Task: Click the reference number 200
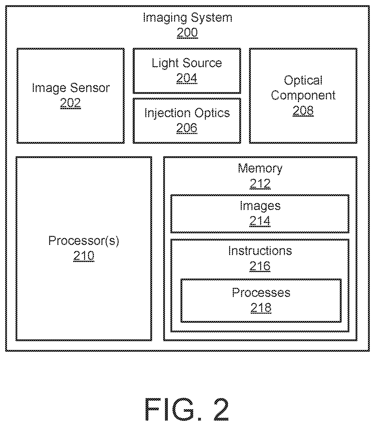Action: click(x=187, y=33)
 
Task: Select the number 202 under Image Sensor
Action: click(x=71, y=103)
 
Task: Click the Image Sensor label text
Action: click(x=71, y=88)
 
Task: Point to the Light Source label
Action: click(x=187, y=63)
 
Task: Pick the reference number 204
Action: click(x=187, y=78)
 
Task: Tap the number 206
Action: click(x=187, y=128)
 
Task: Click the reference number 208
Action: click(x=303, y=110)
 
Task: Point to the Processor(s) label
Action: click(x=84, y=241)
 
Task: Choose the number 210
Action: click(x=84, y=256)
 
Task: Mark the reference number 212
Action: click(x=260, y=184)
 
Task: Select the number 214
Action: click(x=260, y=221)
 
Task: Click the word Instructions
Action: click(x=260, y=251)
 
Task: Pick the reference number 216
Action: click(x=260, y=266)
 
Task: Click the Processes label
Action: click(x=261, y=293)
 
